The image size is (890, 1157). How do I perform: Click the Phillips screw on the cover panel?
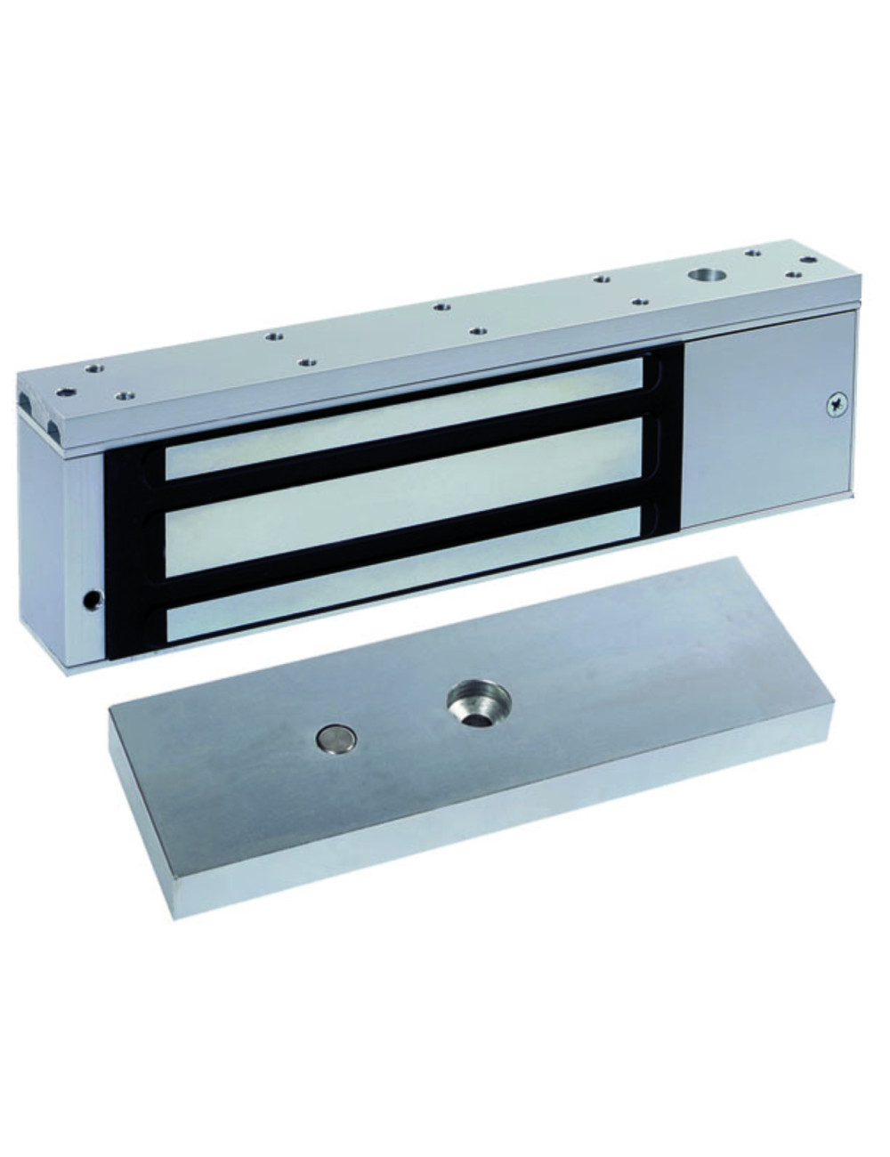click(x=835, y=404)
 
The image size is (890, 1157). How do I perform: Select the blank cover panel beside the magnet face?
click(x=765, y=427)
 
